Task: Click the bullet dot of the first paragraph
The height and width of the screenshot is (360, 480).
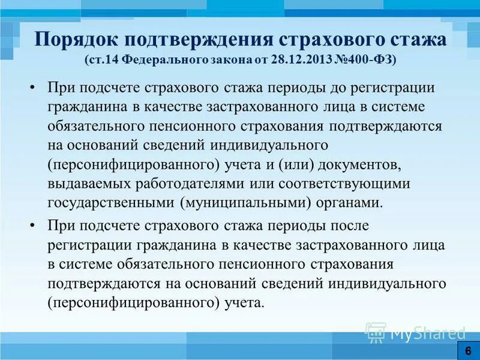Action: point(32,88)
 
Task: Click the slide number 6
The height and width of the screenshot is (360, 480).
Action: point(467,350)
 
